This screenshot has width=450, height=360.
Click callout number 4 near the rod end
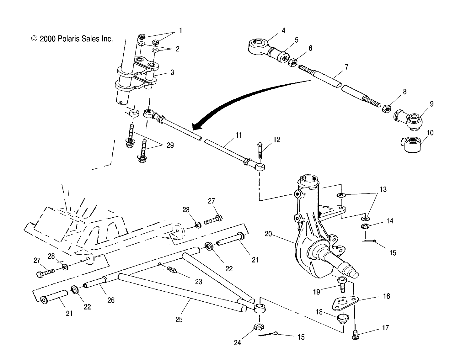(283, 30)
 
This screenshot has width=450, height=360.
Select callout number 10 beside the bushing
(430, 133)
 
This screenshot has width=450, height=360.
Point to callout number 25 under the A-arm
(179, 320)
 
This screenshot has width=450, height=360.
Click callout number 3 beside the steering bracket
(172, 72)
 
